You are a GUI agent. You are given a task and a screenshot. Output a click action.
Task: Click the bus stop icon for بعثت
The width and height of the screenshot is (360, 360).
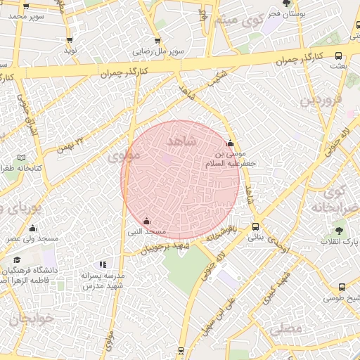[x=339, y=56]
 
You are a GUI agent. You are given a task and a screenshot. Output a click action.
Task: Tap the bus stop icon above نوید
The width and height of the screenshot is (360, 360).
[x=70, y=40]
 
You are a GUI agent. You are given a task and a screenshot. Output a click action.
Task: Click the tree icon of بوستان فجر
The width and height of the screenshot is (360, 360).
[x=285, y=4]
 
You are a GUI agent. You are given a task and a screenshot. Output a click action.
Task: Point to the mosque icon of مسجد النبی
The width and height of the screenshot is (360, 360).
[x=146, y=221]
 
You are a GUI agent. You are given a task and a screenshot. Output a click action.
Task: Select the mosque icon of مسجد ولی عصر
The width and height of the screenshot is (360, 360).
[x=32, y=229]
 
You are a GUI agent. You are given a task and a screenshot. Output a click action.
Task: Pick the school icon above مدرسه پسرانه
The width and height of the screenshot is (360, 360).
[x=103, y=265]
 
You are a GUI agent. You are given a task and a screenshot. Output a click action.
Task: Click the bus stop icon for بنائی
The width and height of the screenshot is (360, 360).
[x=255, y=227]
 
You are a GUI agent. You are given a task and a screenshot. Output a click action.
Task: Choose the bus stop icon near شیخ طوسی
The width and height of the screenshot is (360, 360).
[x=342, y=288]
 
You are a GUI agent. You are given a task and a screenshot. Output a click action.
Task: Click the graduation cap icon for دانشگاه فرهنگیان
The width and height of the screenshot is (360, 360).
[x=16, y=260]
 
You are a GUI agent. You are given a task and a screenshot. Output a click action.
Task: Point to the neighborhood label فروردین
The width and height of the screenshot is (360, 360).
[x=321, y=100]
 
